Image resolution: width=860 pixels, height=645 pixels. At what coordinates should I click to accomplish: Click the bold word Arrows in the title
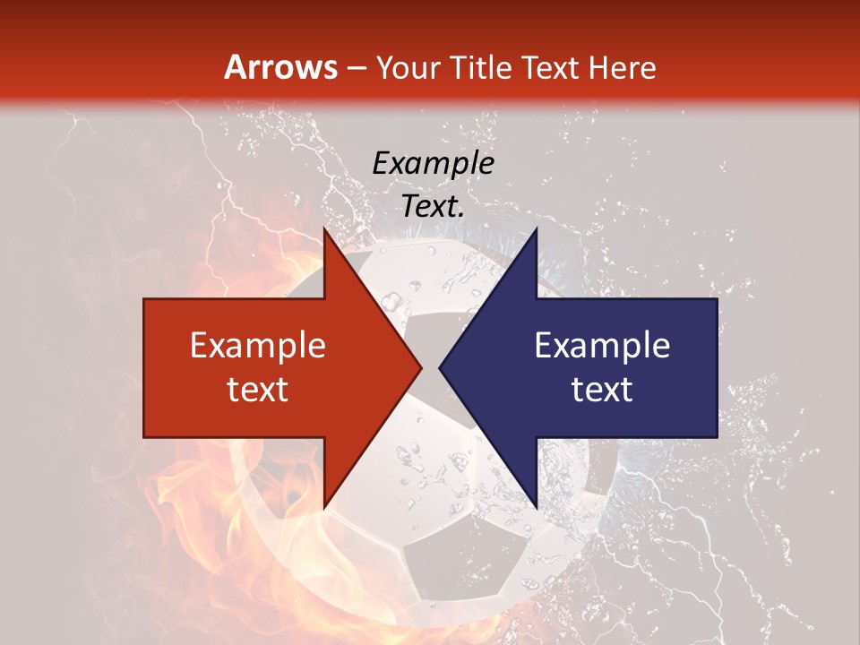[x=280, y=67]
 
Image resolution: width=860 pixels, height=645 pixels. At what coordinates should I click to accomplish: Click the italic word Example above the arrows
[x=433, y=163]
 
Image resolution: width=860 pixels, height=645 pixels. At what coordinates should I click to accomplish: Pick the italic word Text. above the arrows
[x=433, y=206]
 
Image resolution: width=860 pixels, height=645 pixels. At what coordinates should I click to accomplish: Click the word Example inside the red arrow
[x=258, y=346]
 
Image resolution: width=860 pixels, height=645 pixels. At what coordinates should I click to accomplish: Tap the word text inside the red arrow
[x=258, y=389]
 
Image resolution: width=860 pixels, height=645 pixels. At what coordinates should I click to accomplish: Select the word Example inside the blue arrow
[x=602, y=346]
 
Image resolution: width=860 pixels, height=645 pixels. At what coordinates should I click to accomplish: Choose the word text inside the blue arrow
[x=602, y=389]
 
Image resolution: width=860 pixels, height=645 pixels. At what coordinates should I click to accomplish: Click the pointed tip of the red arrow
[x=421, y=368]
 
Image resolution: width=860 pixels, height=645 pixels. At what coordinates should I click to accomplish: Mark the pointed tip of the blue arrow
[x=440, y=368]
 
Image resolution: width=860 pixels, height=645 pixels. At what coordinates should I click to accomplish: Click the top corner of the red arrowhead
[x=325, y=230]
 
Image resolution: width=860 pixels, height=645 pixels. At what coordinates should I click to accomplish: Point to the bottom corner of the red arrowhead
[x=325, y=506]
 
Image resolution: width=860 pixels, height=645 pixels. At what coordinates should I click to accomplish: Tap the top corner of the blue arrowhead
[x=536, y=230]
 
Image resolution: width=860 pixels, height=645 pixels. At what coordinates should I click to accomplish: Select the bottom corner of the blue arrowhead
[x=536, y=506]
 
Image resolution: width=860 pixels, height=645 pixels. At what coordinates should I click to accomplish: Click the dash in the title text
[x=356, y=69]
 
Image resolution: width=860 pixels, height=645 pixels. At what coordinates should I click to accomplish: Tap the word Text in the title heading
[x=550, y=68]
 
